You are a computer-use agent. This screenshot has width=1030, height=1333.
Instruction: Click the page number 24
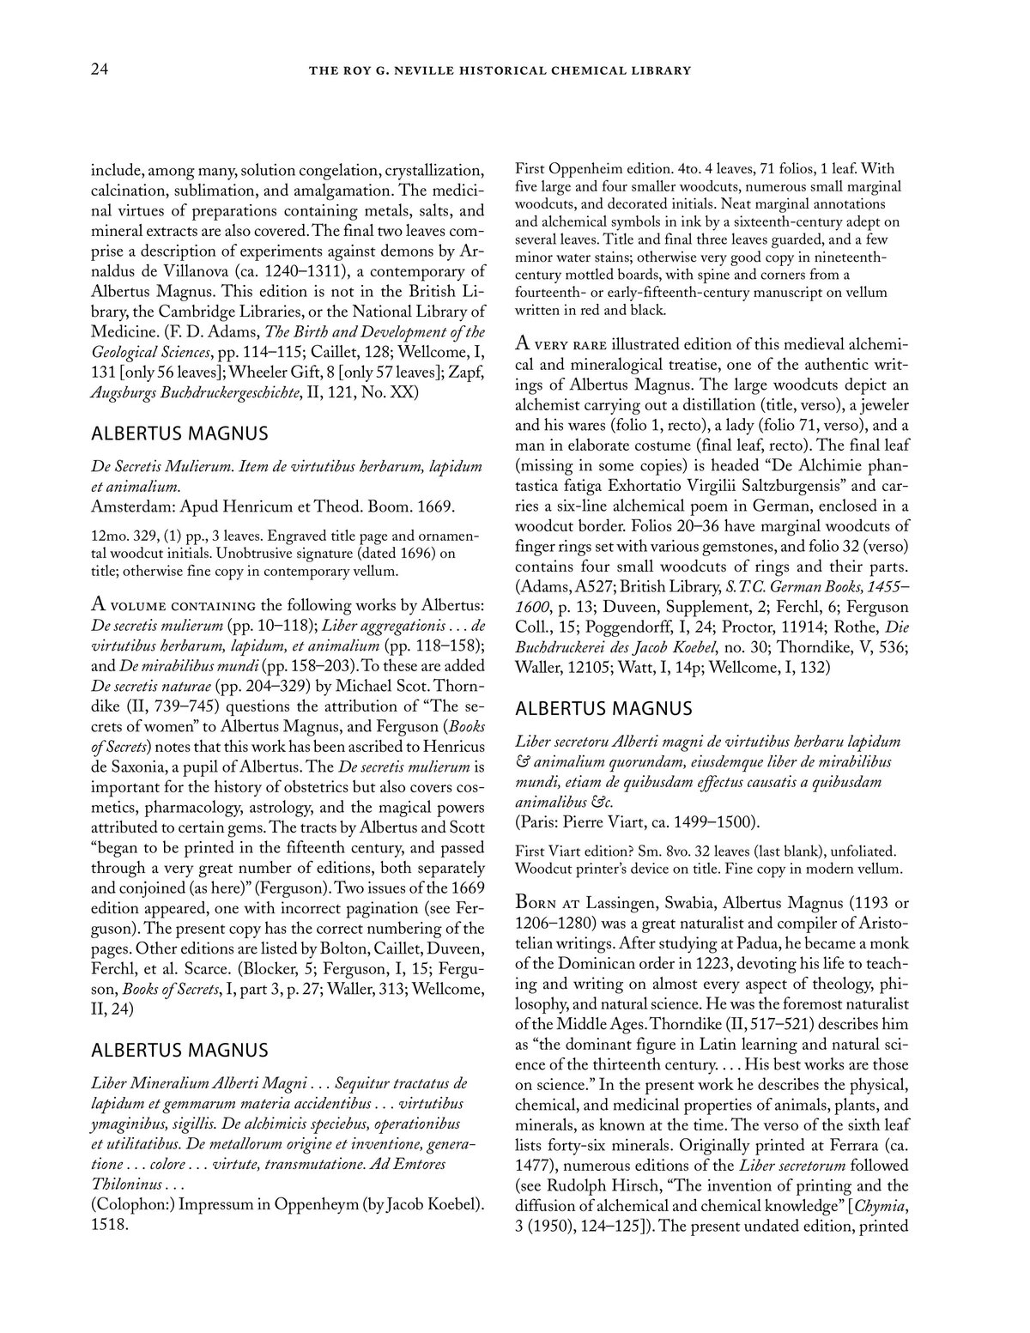(99, 70)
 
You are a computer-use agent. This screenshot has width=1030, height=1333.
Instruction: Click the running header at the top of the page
(500, 70)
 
